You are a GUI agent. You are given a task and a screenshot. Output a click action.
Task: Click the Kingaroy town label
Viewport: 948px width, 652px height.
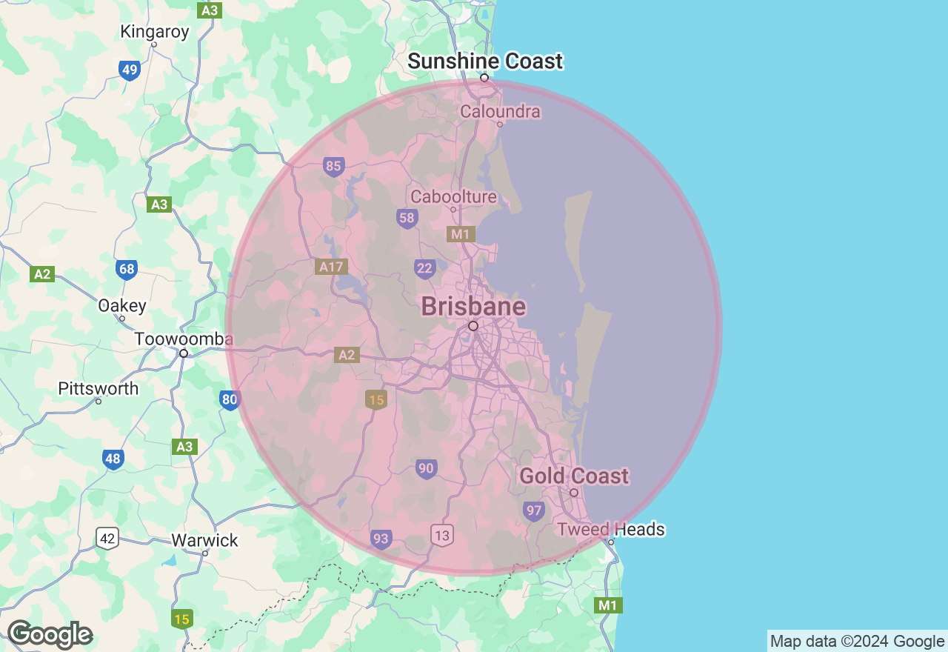click(155, 32)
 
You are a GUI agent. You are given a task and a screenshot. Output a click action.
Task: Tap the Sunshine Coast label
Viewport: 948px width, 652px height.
click(485, 61)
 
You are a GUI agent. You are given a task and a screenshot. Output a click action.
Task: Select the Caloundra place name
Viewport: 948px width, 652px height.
click(500, 112)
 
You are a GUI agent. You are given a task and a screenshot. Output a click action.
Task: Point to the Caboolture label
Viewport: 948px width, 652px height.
click(453, 197)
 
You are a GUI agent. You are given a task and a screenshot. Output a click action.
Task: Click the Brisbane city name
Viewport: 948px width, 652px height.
click(473, 307)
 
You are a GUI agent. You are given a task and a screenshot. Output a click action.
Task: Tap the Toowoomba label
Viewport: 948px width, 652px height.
click(184, 339)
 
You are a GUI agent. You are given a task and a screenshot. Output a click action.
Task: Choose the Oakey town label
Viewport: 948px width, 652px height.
click(122, 306)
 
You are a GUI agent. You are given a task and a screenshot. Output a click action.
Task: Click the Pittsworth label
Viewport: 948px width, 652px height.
click(99, 389)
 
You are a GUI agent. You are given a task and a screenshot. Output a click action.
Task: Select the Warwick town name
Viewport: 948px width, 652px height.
click(204, 540)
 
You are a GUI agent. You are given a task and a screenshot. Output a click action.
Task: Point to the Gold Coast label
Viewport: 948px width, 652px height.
click(574, 476)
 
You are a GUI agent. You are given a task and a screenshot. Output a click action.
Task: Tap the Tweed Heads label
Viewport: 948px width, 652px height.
click(611, 530)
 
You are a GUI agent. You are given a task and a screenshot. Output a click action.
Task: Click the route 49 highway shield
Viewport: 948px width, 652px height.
click(130, 70)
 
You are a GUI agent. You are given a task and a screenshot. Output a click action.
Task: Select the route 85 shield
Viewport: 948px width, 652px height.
click(333, 166)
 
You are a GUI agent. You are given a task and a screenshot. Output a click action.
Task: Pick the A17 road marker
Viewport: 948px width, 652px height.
click(331, 267)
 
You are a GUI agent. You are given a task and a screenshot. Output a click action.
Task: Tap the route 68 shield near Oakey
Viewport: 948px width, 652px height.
click(127, 268)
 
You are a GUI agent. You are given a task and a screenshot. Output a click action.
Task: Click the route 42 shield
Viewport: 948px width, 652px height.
click(107, 538)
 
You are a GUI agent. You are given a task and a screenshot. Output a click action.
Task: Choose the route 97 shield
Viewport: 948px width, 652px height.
click(533, 510)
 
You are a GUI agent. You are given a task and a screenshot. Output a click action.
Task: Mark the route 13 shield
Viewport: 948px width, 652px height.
click(442, 535)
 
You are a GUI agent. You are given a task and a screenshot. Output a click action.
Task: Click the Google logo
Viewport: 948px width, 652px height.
click(50, 635)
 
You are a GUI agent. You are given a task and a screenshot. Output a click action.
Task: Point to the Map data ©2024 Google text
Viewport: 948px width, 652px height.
click(857, 642)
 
